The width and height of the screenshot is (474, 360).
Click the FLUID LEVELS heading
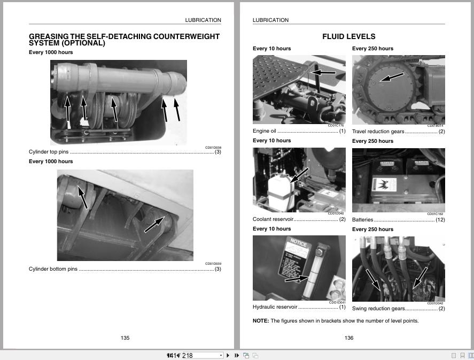[x=348, y=36]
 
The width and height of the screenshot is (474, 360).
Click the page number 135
[x=125, y=338]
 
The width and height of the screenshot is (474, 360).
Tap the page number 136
[x=349, y=338]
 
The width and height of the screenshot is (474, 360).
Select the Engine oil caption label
[x=265, y=131]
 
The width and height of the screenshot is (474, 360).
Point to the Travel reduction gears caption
[x=378, y=131]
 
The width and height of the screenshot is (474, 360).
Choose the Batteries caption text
[x=362, y=220]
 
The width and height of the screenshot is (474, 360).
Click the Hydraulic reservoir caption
[x=275, y=307]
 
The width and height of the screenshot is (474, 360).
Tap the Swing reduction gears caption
[x=378, y=309]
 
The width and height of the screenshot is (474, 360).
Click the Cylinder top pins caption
[x=49, y=152]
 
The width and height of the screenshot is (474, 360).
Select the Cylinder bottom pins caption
[x=53, y=269]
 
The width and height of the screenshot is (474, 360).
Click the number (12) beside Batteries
[x=440, y=220]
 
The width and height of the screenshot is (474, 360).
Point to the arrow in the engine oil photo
[x=323, y=72]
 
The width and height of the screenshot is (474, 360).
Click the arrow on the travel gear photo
[x=392, y=78]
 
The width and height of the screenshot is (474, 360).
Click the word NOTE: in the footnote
[x=261, y=321]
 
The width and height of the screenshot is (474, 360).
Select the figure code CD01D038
[x=213, y=148]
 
